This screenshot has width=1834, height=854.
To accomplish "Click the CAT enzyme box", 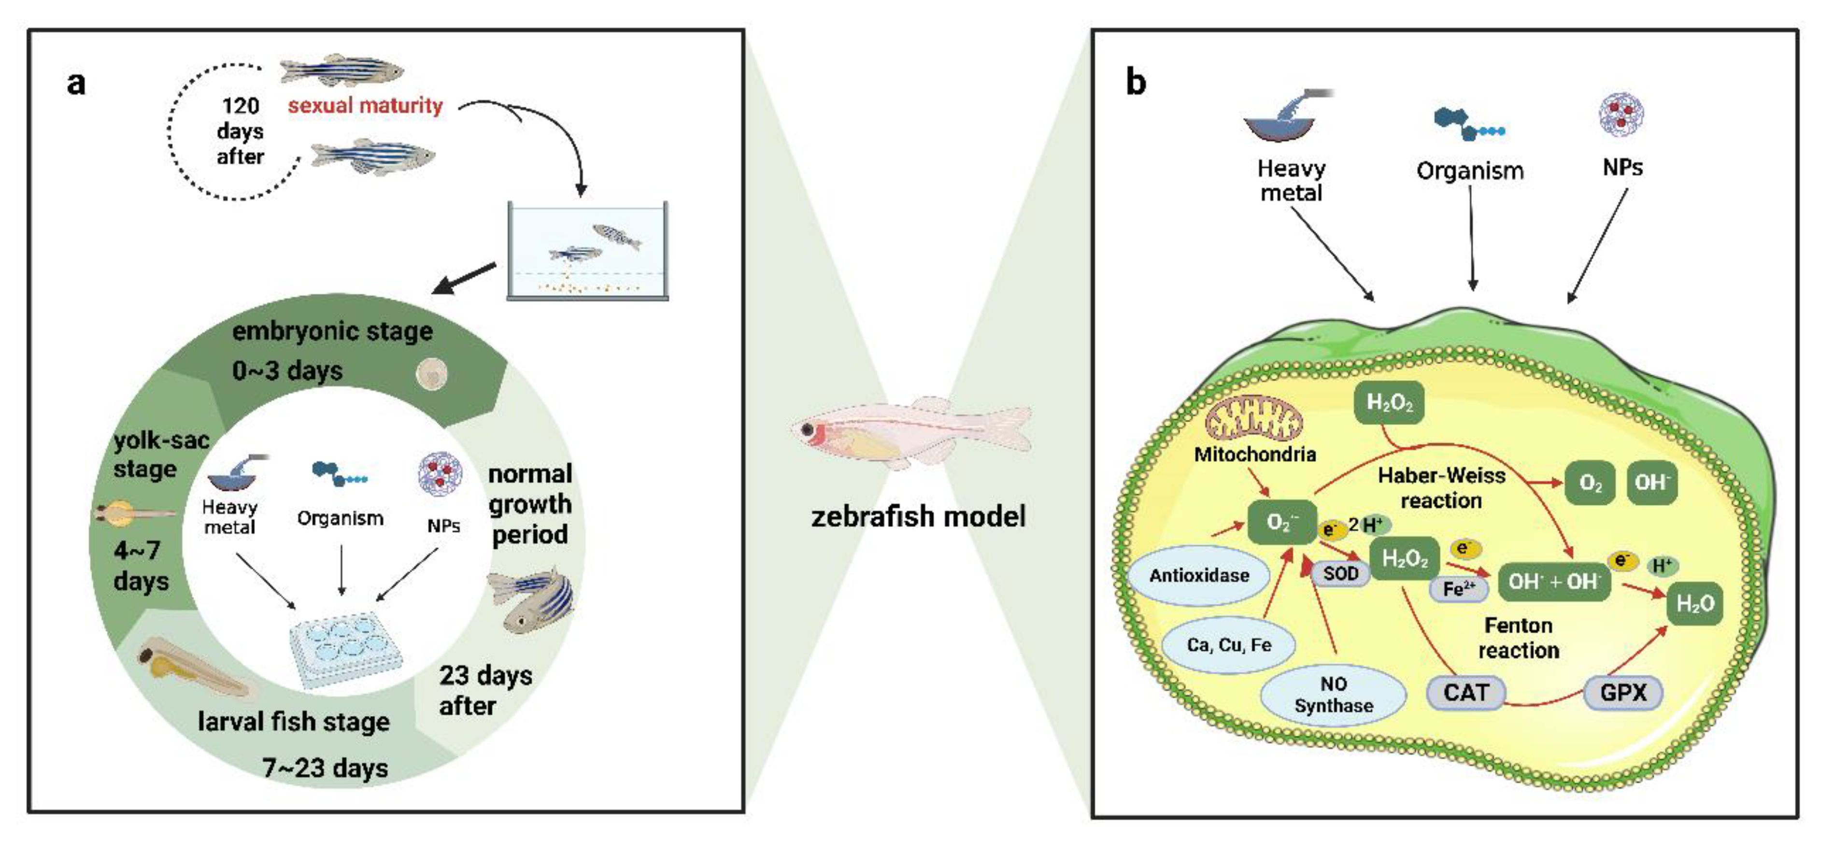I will point(1465,692).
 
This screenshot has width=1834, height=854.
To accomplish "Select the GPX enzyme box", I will point(1622,692).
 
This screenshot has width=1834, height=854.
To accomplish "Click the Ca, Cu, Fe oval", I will point(1229,644).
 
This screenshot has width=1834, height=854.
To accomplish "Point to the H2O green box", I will point(1694,604).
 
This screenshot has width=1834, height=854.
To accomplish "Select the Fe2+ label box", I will point(1458,589).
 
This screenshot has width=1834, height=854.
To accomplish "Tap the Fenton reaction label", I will point(1518,638).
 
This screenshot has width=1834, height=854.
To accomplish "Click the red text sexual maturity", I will point(365,105).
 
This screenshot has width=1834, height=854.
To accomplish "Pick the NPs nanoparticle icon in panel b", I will point(1621,114).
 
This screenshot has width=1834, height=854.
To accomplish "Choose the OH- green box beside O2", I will point(1651,483).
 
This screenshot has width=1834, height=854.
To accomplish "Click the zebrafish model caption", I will point(918,516).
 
